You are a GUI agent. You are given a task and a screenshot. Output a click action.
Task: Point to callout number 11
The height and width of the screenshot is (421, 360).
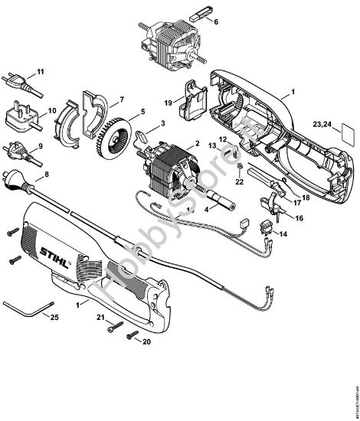click(41, 71)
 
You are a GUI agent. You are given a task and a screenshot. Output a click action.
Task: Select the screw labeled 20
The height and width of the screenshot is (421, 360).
click(133, 334)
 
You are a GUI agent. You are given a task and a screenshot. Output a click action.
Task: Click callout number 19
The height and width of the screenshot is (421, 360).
click(168, 101)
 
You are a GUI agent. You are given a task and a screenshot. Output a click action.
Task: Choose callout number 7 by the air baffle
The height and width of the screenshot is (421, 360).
click(122, 101)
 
